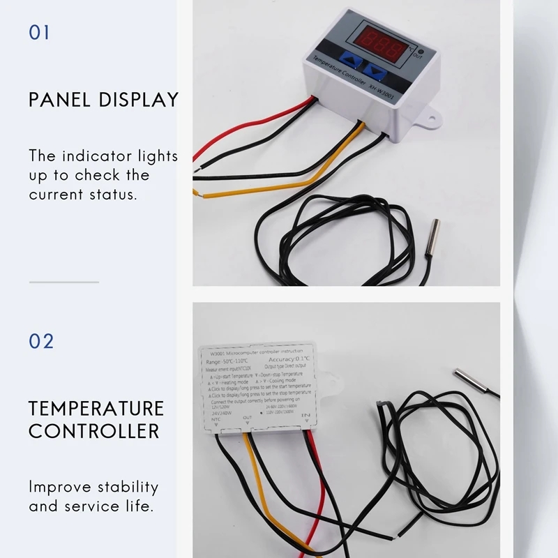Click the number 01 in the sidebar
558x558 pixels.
coord(40,33)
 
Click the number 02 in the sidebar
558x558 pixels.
coord(41,341)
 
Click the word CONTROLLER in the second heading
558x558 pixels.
coord(94,430)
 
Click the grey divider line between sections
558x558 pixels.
coord(63,282)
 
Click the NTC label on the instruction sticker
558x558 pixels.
coord(216,420)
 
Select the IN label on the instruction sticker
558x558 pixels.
coord(305,416)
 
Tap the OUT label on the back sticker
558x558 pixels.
coord(248,418)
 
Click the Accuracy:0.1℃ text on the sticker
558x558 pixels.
coord(288,359)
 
